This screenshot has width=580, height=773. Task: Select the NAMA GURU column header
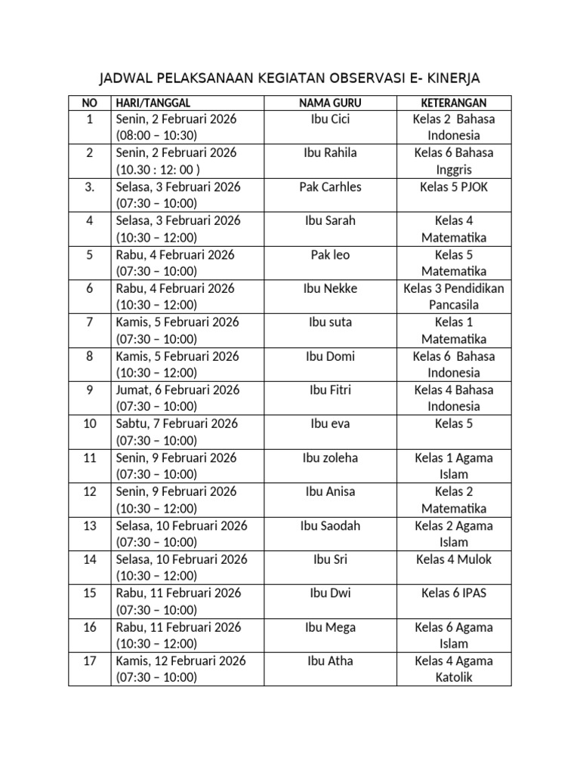(330, 103)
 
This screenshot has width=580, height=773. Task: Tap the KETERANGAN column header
(453, 103)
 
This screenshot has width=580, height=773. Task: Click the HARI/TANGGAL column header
(153, 103)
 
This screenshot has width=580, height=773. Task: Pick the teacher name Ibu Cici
(330, 119)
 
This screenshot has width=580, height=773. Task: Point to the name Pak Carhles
(330, 186)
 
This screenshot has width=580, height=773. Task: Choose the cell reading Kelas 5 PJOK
(453, 186)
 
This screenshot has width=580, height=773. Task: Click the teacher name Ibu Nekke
(330, 288)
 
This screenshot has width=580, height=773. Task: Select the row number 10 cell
(90, 423)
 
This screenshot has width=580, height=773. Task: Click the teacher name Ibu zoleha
(330, 457)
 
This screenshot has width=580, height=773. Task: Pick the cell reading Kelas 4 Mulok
(453, 559)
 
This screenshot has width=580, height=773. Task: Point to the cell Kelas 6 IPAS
(453, 593)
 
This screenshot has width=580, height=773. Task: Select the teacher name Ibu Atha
(330, 661)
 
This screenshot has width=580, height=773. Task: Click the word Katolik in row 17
(453, 677)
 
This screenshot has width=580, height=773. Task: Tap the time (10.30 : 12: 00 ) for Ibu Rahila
(158, 169)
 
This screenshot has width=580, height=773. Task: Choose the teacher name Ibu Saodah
(330, 525)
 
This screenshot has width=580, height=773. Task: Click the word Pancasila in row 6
(453, 305)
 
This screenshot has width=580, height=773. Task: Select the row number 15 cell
(90, 593)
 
